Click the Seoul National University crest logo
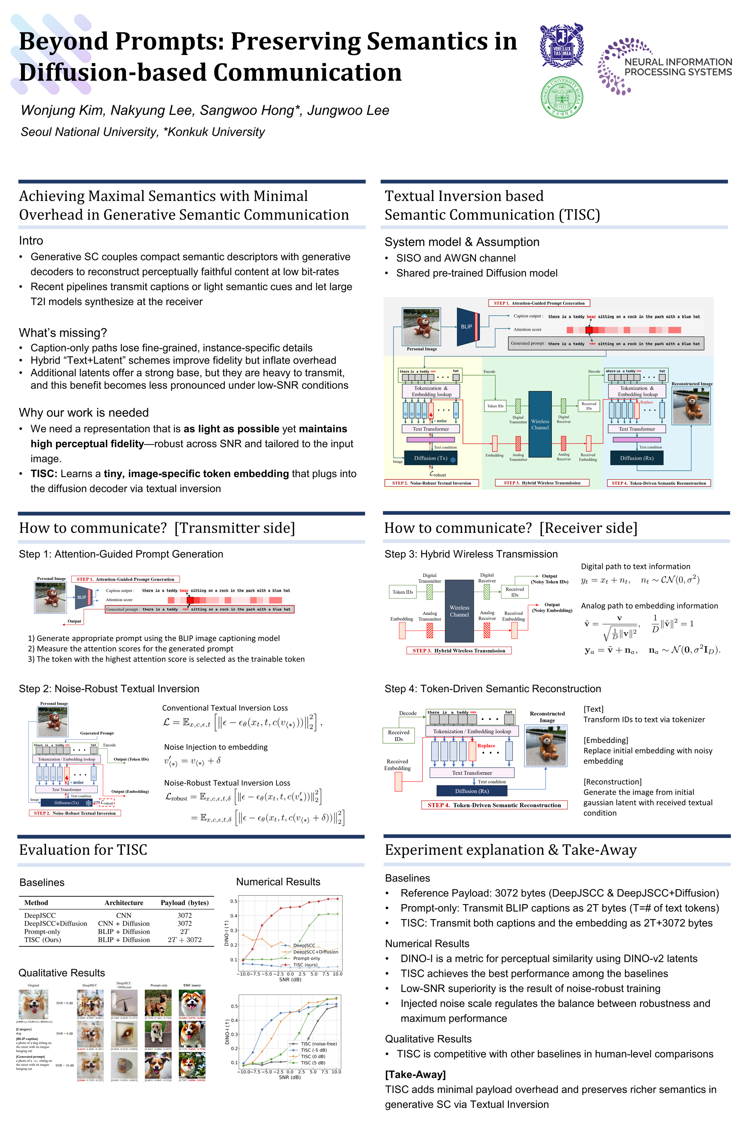tap(561, 45)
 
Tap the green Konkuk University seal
tap(561, 97)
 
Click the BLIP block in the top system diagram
tap(467, 327)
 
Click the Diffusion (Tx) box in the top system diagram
tap(430, 458)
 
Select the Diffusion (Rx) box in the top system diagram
tap(636, 458)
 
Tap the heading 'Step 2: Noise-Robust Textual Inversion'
tap(109, 688)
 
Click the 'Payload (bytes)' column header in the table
tap(185, 903)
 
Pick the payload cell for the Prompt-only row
tap(185, 931)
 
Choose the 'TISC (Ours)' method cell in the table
tap(42, 939)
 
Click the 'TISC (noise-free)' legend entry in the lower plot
tap(318, 1044)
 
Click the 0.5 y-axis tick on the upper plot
tap(234, 901)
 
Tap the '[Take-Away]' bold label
tap(415, 1074)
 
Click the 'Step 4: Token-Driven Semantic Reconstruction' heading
tap(492, 688)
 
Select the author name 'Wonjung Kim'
tap(62, 110)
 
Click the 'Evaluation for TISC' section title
tap(83, 850)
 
